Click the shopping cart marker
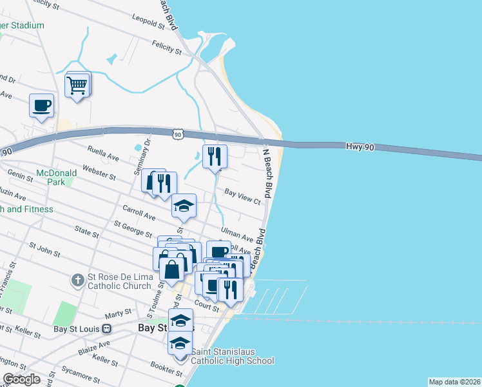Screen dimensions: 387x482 point(77,84)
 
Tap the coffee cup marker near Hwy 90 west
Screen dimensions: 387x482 point(42,105)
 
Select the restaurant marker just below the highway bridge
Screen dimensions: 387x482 point(215,156)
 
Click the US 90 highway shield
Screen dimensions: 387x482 point(178,134)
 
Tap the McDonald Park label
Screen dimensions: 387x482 point(56,177)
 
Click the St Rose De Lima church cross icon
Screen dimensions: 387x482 point(77,281)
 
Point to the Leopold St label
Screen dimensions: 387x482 point(149,23)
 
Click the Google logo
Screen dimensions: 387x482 point(21,379)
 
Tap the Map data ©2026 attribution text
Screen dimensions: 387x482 point(454,382)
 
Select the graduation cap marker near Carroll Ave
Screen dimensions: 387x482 point(184,206)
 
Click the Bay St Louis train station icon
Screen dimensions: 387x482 point(108,328)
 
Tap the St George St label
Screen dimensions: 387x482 point(133,230)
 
